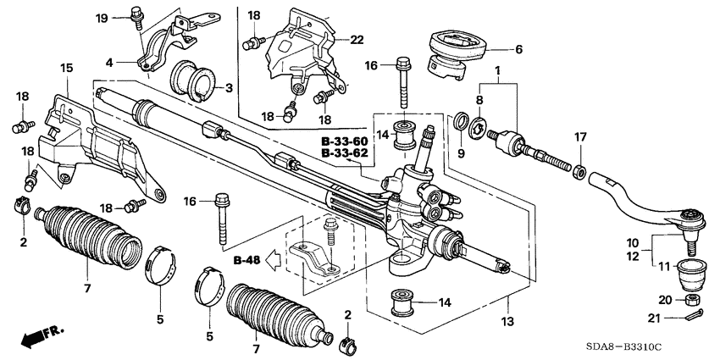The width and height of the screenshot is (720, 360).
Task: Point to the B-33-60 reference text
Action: point(345,141)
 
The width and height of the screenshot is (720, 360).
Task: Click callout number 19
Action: point(102,18)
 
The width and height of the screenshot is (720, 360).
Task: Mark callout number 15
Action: point(66,67)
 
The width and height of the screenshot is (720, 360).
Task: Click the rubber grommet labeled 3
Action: point(191,80)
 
